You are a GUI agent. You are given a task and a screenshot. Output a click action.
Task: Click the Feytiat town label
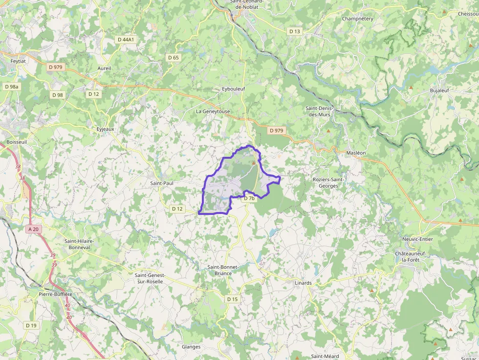pyautogui.click(x=18, y=62)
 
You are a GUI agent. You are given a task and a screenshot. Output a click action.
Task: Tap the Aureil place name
pyautogui.click(x=104, y=68)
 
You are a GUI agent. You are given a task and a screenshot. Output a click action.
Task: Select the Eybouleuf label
pyautogui.click(x=233, y=89)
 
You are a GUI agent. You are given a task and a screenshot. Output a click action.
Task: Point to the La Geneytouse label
pyautogui.click(x=213, y=111)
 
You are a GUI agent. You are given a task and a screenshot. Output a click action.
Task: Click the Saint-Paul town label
pyautogui.click(x=162, y=183)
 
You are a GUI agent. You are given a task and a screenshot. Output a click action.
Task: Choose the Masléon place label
pyautogui.click(x=356, y=153)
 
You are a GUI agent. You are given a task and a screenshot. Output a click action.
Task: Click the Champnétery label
pyautogui.click(x=357, y=19)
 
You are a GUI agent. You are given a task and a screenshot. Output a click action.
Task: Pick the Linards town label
pyautogui.click(x=303, y=283)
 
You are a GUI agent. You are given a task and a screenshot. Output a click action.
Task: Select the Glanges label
pyautogui.click(x=191, y=347)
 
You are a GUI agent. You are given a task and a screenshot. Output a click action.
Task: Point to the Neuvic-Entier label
pyautogui.click(x=417, y=239)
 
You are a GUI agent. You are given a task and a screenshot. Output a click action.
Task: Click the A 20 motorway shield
pyautogui.click(x=33, y=229)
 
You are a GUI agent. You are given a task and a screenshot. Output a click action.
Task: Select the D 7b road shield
pyautogui.click(x=249, y=198)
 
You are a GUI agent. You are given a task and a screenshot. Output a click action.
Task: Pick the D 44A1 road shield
pyautogui.click(x=126, y=39)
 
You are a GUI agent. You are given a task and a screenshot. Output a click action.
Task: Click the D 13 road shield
pyautogui.click(x=294, y=31)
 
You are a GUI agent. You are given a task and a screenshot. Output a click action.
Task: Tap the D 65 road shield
pyautogui.click(x=174, y=58)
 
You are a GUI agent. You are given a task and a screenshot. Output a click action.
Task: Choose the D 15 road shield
pyautogui.click(x=232, y=299)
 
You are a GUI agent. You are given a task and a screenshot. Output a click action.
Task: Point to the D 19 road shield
pyautogui.click(x=31, y=325)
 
